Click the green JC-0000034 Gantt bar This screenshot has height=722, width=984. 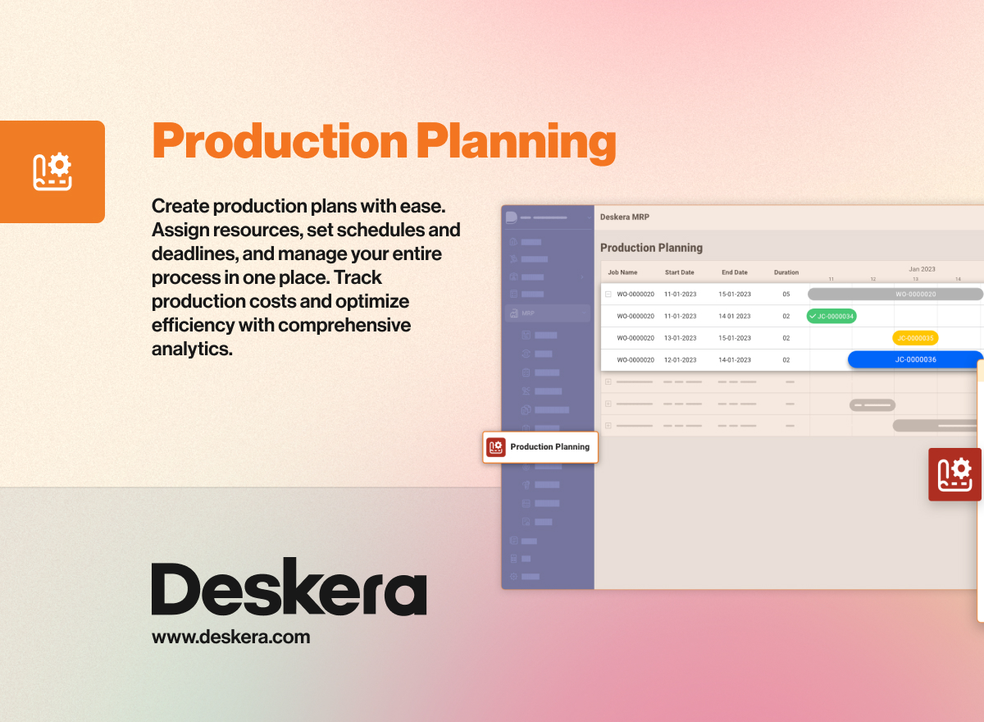tap(831, 316)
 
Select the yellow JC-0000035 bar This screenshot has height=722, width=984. tap(915, 337)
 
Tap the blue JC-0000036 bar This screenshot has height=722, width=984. tap(915, 359)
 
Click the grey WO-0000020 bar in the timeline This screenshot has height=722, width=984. tap(895, 294)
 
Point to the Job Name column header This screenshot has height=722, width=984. tap(622, 272)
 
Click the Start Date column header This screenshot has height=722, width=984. tap(679, 272)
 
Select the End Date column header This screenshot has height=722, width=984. tap(734, 272)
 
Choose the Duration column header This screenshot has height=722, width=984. tap(786, 272)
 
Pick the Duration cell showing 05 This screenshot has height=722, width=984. tap(786, 294)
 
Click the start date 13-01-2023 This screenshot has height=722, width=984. tap(680, 338)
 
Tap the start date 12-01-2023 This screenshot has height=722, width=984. tap(680, 359)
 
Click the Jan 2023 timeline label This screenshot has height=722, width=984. tap(922, 268)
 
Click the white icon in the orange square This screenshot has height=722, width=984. tap(52, 171)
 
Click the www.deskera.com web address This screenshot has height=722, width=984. tap(230, 637)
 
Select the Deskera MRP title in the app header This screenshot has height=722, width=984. tap(625, 217)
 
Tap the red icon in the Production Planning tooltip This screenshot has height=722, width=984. tap(495, 447)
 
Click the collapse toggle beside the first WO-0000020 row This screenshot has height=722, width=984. tap(608, 294)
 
